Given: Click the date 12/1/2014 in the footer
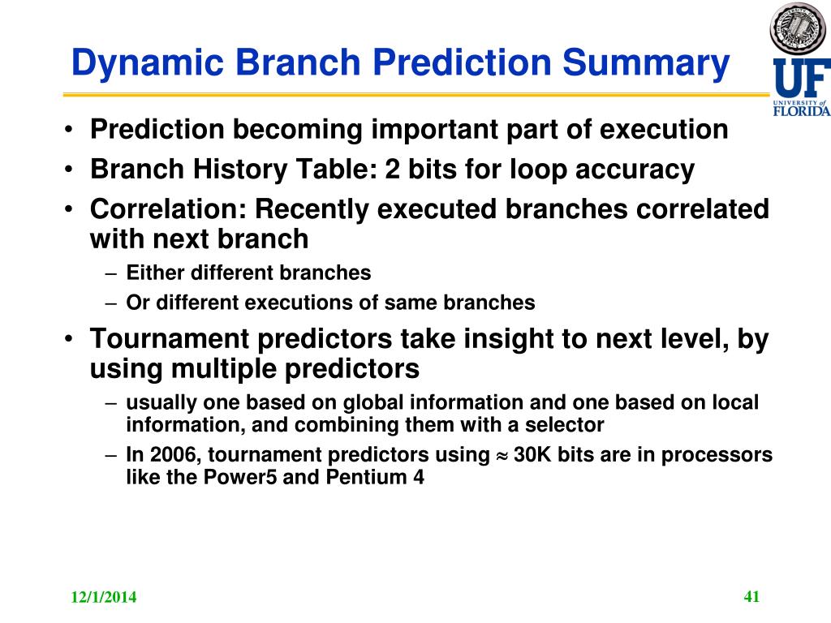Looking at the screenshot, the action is [x=103, y=597].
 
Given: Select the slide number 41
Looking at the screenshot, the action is [x=751, y=596].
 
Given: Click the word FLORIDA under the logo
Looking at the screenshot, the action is [x=802, y=110].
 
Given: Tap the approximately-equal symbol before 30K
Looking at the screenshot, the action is [x=502, y=456].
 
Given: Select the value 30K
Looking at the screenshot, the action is [x=532, y=454].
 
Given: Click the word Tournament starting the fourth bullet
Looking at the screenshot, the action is [x=169, y=338].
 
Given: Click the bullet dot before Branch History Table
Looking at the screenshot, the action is [x=68, y=170].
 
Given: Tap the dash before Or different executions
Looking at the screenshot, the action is [x=110, y=303].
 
